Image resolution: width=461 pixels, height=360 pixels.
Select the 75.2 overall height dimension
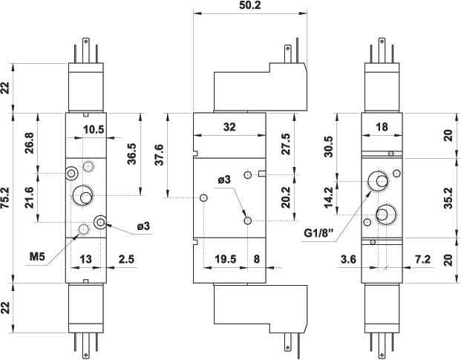[7, 197]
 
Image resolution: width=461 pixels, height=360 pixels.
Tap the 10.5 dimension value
[93, 129]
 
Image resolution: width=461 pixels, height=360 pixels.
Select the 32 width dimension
[229, 127]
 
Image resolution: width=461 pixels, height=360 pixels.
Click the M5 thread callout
[39, 257]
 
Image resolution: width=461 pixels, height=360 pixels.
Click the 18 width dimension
[382, 127]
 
